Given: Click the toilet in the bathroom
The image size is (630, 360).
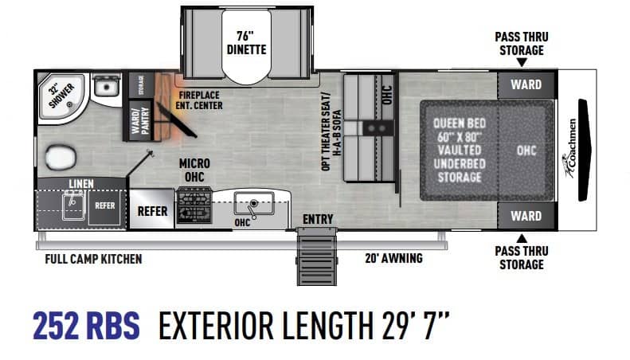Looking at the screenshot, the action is [61, 157].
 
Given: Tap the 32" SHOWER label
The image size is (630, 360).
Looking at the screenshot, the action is [61, 95].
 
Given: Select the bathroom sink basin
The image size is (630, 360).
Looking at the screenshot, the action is [106, 87].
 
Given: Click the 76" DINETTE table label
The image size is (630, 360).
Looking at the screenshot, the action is [246, 42].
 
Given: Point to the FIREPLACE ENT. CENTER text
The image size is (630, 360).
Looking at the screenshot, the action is [199, 100].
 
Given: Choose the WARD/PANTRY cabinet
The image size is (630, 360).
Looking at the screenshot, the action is [139, 120].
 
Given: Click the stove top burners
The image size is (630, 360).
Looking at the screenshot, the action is [194, 205].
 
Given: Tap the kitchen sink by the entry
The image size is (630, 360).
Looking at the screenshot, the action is [254, 204].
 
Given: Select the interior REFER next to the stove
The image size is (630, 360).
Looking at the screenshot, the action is [152, 209].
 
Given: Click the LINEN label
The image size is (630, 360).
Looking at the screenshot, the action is [81, 184].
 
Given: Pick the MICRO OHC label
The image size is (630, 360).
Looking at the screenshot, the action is [194, 170].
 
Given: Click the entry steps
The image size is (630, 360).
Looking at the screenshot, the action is [317, 256].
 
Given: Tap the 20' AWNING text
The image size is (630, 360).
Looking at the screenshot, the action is [393, 258].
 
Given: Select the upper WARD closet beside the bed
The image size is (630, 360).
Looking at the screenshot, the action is [526, 84].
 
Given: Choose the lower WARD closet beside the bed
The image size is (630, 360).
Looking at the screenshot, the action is [526, 216].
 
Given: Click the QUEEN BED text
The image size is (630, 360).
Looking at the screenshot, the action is [460, 123].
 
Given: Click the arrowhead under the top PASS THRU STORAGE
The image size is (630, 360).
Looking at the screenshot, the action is [522, 63].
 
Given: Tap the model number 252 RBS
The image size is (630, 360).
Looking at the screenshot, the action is [86, 326].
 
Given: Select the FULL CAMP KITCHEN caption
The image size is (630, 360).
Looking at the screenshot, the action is [93, 259].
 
